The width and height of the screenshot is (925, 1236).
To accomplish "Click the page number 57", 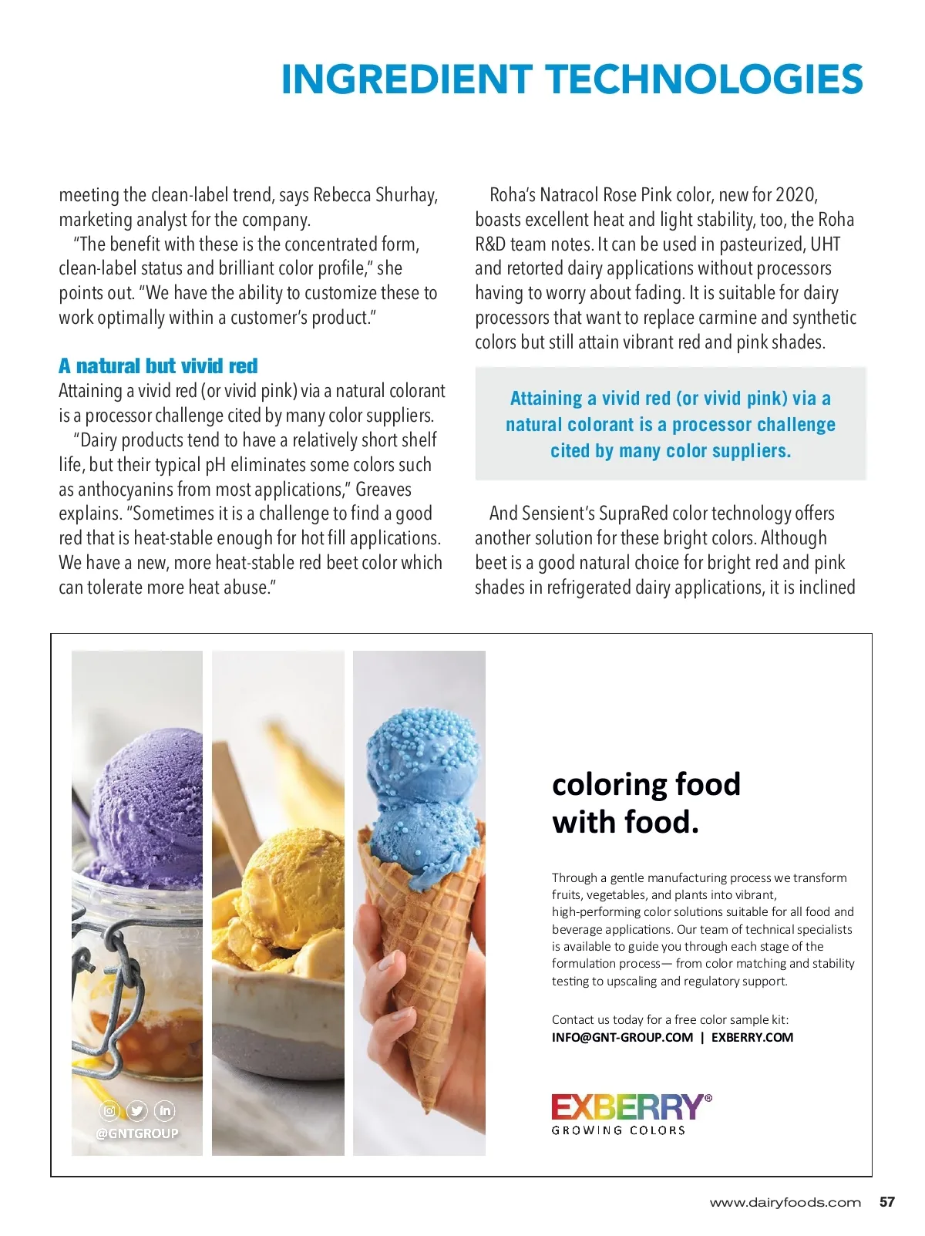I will click(886, 1202).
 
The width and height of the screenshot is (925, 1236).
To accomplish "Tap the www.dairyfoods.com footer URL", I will click(785, 1203).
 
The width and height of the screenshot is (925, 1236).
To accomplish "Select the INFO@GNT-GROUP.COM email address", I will click(622, 1038).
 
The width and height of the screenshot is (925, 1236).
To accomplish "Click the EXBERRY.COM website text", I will click(752, 1038).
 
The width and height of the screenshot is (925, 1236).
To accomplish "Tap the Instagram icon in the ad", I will click(110, 1111).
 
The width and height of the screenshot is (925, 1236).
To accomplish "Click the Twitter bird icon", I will click(137, 1111).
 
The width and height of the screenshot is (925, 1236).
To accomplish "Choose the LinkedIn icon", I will click(165, 1111).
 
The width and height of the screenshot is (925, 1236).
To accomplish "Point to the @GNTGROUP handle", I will click(137, 1133).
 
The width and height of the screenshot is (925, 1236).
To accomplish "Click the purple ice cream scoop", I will click(150, 794).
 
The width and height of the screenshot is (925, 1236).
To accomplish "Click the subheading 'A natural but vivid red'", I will click(158, 365).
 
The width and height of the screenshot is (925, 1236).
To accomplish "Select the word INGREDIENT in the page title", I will click(406, 79).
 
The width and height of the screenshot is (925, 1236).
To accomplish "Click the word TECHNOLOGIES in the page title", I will click(705, 79).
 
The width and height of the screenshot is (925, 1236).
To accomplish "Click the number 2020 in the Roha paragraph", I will click(795, 195).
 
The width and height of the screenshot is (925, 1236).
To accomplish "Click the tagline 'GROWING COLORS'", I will click(618, 1130).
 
